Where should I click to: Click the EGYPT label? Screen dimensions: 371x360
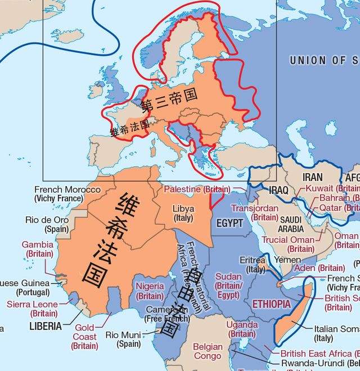click(230, 223)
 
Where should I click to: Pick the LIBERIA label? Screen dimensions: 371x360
click(46, 326)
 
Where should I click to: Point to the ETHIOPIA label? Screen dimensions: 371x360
click(272, 304)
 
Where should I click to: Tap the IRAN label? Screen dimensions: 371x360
click(313, 177)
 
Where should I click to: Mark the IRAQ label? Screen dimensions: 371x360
click(278, 190)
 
